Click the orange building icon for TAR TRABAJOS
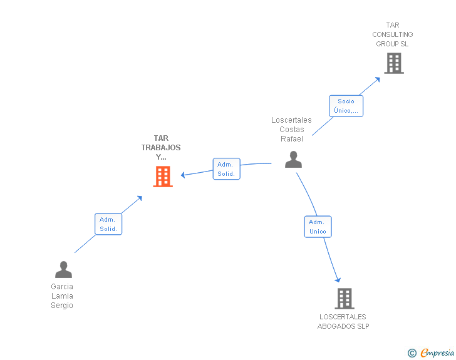(x=163, y=177)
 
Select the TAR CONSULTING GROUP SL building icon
(x=394, y=63)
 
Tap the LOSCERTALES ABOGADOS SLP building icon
(x=345, y=299)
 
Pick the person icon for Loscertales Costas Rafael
(x=293, y=160)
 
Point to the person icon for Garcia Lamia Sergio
(x=63, y=270)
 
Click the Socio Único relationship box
(x=346, y=106)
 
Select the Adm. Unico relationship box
(x=318, y=227)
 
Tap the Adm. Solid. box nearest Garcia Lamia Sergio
(x=108, y=224)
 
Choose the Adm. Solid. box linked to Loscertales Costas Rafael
(x=227, y=169)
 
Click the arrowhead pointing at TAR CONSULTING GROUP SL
(x=378, y=80)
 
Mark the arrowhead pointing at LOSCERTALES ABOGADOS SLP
(x=338, y=280)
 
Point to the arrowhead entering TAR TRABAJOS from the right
(x=183, y=175)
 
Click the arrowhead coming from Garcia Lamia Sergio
(x=140, y=198)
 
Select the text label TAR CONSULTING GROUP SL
(x=393, y=34)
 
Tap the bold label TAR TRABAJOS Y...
(x=161, y=147)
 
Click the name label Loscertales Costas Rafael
(x=291, y=130)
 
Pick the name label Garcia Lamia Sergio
(x=62, y=296)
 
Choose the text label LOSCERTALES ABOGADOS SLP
(x=343, y=321)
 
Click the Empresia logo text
(x=437, y=352)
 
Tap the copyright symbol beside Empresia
(x=412, y=353)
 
